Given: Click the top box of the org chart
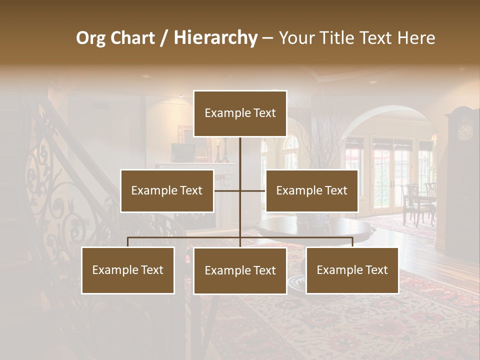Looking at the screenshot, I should point(240,113).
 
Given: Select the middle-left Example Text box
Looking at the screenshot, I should point(167,190).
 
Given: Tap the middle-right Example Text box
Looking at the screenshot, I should point(311,190).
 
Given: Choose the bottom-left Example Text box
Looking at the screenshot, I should point(128,270).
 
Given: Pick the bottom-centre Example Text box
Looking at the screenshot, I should point(240,270).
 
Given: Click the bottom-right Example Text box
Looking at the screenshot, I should point(352,270).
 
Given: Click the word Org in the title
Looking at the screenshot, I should point(90,38).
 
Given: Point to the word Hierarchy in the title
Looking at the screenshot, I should point(215,38).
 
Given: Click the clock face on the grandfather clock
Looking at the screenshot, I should point(465,132).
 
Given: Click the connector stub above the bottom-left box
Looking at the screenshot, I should point(128,242).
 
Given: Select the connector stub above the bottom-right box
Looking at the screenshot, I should point(352,242).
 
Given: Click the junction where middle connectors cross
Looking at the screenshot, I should point(240,190).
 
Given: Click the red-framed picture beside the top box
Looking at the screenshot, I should point(184,135).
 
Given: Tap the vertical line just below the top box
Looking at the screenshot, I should point(240,150).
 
